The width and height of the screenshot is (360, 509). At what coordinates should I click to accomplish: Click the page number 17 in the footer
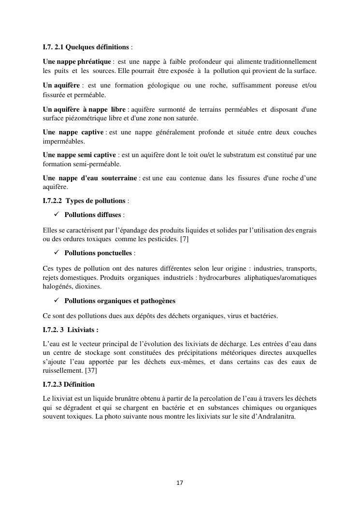tap(180, 483)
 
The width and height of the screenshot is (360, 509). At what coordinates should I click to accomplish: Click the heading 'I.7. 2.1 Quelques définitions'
tap(86, 47)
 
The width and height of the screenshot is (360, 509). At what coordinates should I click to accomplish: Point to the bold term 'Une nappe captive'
tap(73, 132)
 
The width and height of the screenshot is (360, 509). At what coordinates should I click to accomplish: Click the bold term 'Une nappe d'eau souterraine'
tap(90, 178)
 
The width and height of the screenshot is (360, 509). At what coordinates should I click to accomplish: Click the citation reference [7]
tap(184, 240)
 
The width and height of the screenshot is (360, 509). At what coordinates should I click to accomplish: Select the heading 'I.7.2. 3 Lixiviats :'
tap(71, 330)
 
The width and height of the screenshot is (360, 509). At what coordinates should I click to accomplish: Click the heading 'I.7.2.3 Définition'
tap(69, 385)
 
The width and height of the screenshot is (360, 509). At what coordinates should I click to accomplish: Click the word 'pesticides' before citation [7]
tap(163, 240)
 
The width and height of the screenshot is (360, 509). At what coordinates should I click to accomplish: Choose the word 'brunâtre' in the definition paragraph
tap(125, 398)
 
